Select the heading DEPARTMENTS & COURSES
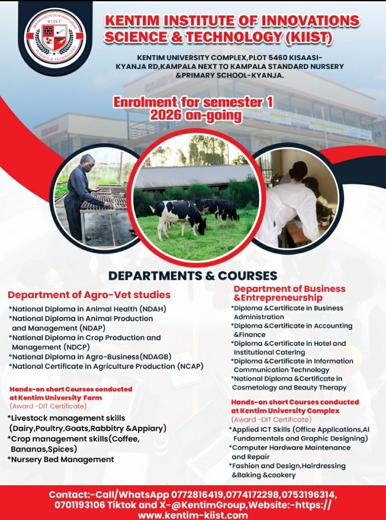[x=192, y=275]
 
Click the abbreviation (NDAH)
[x=152, y=309]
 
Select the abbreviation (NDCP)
[x=77, y=347]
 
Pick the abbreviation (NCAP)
[x=190, y=366]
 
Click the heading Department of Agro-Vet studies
[x=89, y=295]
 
